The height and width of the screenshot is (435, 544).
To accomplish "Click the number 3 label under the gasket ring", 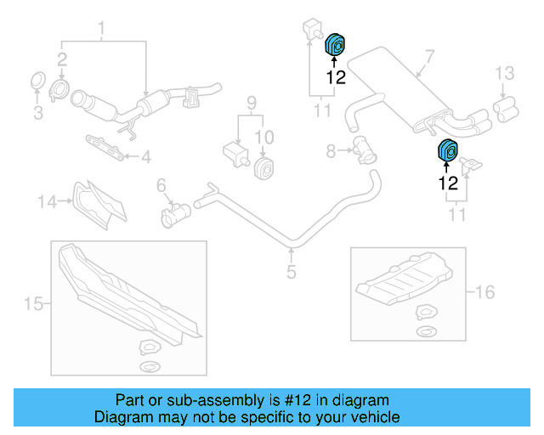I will point(37,111).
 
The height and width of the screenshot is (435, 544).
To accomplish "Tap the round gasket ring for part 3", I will point(37,82).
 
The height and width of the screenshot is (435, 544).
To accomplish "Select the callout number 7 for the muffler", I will point(429,59).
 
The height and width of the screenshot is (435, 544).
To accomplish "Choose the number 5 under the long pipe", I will point(291,272).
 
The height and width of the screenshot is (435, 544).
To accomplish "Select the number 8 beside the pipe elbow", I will point(331,151).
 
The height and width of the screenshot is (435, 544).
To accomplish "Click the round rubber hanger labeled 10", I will point(264,167).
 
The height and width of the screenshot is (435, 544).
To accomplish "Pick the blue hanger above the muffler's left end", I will point(335,44).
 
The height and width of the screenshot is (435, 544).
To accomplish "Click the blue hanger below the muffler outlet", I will point(446,150).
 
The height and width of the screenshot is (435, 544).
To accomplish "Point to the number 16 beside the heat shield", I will point(484,293).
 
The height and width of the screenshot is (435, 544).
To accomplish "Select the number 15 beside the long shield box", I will point(32,304).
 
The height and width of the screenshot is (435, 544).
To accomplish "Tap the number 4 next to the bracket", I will point(145,156).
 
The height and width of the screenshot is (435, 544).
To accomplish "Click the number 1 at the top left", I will point(102,33).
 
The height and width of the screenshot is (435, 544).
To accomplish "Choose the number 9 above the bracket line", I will point(251,104).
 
